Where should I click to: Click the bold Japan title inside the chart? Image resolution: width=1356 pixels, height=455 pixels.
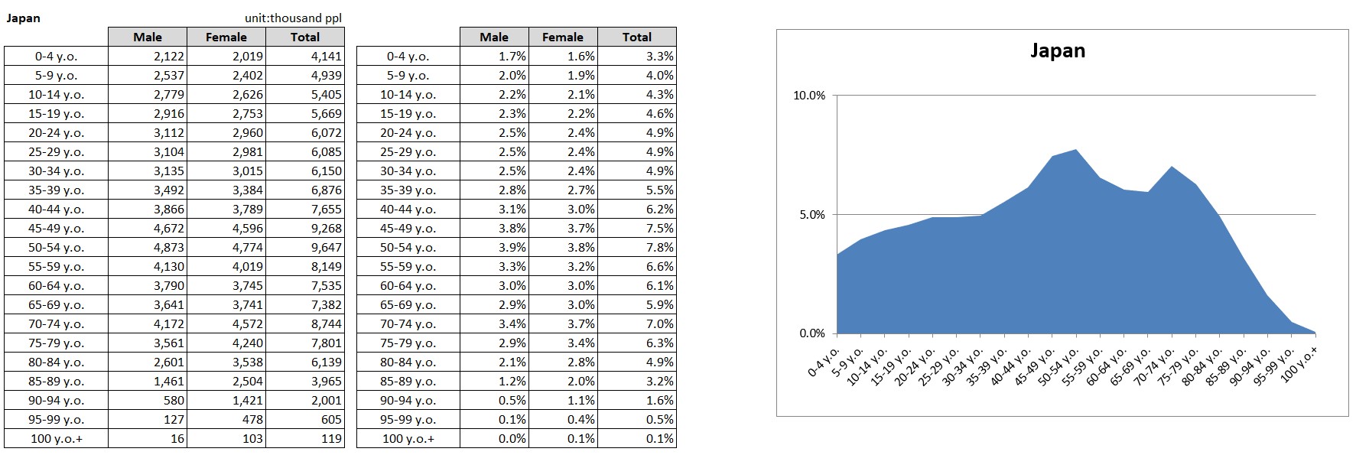[x=1057, y=51]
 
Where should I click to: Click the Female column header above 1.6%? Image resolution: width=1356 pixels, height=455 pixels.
[x=562, y=37]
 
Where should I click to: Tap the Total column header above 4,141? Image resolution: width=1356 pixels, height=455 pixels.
[x=304, y=37]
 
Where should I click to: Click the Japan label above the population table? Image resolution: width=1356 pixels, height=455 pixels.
[x=24, y=18]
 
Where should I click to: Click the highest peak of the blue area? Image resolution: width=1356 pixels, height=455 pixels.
[x=1076, y=151]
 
